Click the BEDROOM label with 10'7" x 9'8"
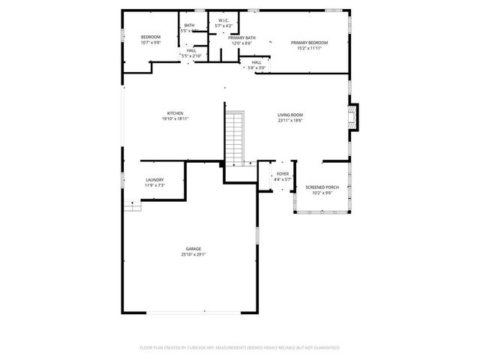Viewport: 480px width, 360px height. point(151,37)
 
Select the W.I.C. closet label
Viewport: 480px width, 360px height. point(223,20)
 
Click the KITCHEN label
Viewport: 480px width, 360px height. point(175,113)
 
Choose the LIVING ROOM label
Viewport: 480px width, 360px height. point(290,115)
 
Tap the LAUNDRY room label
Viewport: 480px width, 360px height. point(154,180)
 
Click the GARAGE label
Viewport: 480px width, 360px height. point(193,248)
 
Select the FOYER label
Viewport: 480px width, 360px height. point(282,174)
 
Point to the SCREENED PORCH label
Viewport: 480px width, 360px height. point(318,187)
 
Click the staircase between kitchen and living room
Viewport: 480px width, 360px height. point(235,138)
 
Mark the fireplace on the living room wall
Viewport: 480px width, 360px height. point(355,115)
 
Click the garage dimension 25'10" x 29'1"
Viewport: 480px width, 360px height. point(193,254)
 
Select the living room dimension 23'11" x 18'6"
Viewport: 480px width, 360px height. point(290,120)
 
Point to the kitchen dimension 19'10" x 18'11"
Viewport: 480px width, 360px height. point(175,118)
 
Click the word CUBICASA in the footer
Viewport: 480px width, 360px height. point(197,348)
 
